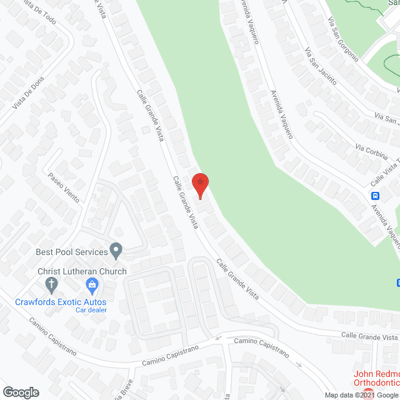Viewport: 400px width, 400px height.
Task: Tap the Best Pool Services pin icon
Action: coord(116,251)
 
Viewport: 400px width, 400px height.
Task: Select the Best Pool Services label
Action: coord(71,252)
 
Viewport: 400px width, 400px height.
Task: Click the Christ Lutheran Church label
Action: coord(82,271)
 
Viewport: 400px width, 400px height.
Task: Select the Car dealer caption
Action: coord(91,310)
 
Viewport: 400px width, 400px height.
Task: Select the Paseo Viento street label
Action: coord(64,187)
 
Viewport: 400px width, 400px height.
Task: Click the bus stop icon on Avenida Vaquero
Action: coord(376,196)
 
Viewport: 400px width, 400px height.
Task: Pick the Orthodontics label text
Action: coord(376,382)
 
